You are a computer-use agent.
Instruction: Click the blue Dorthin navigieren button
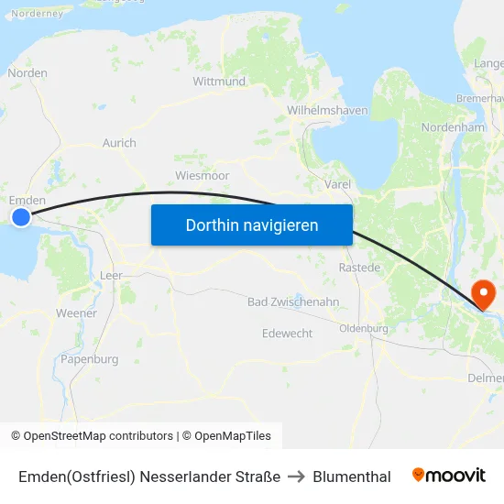click(252, 225)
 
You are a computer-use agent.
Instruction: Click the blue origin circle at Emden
click(20, 217)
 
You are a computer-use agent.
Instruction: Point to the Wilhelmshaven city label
click(327, 110)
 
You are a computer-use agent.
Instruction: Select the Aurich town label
click(119, 143)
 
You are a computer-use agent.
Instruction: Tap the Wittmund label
click(219, 82)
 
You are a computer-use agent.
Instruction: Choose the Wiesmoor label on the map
click(202, 175)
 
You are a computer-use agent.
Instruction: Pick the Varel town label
click(337, 184)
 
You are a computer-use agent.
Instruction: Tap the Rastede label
click(359, 268)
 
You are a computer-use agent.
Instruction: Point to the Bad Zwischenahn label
click(293, 301)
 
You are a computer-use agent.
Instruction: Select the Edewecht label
click(287, 334)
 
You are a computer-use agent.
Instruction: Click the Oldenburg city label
click(364, 328)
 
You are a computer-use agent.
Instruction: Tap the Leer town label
click(111, 275)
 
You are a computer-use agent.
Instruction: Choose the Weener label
click(76, 313)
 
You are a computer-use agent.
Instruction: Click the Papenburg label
click(90, 359)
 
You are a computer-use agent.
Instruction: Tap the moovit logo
click(448, 476)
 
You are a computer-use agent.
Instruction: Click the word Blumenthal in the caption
click(352, 477)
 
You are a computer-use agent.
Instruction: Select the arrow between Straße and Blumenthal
click(296, 477)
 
